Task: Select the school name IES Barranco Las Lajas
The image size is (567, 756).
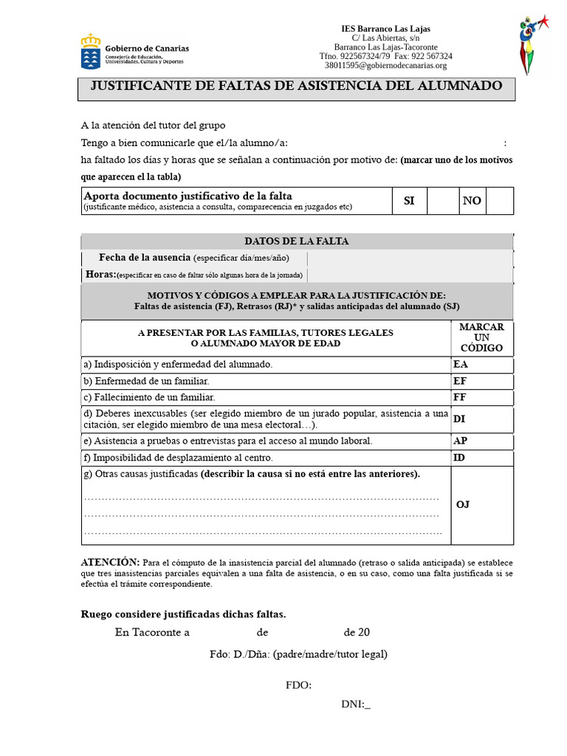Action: (385, 29)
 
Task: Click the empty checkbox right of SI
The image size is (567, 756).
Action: (442, 201)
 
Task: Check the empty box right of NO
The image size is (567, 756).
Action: (499, 201)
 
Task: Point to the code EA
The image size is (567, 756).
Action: (461, 365)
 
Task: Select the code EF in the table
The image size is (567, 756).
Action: (460, 381)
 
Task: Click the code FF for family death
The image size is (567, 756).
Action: (460, 397)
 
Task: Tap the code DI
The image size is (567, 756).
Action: (459, 419)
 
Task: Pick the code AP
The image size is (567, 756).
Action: (460, 441)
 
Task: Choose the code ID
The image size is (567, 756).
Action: (459, 458)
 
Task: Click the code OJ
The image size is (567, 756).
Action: (463, 504)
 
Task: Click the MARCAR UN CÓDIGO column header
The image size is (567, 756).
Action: (481, 337)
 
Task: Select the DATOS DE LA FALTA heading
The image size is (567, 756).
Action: (296, 241)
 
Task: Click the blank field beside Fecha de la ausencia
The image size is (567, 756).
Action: (409, 258)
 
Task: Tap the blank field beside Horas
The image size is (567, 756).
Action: (409, 275)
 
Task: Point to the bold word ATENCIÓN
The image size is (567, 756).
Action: (109, 562)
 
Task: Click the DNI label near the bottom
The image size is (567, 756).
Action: (355, 704)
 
